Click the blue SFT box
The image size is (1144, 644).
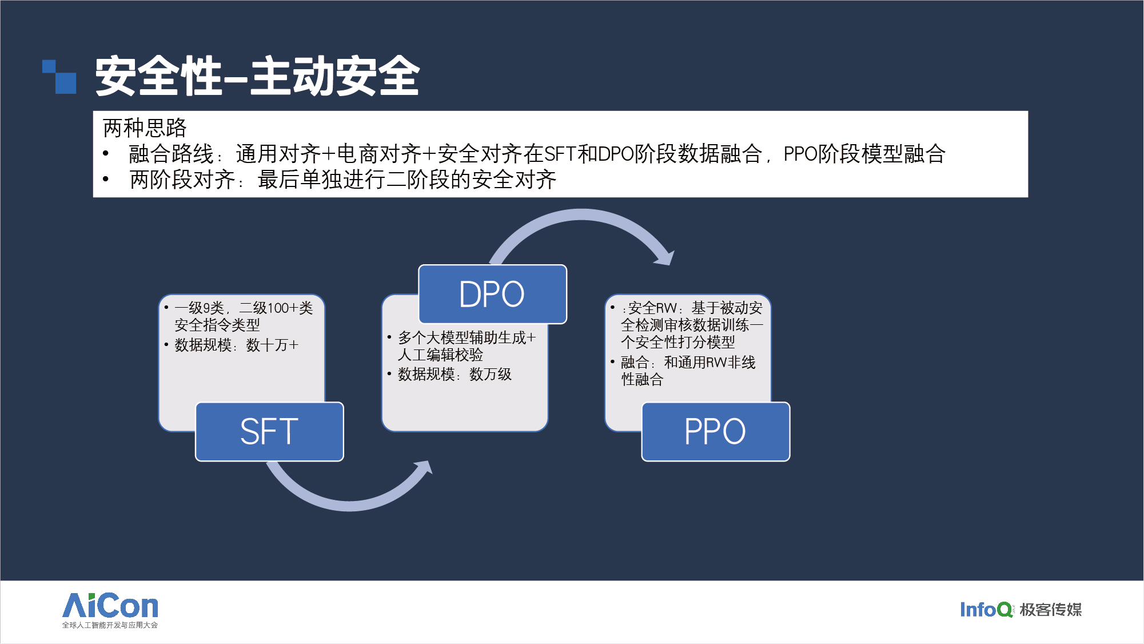[x=269, y=432]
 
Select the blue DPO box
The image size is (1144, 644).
[x=492, y=295]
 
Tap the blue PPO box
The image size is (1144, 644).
[x=715, y=432]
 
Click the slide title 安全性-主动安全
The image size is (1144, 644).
[x=257, y=76]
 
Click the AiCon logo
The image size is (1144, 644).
[x=110, y=606]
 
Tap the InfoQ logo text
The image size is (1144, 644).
[x=985, y=610]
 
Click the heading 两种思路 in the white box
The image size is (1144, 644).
[x=145, y=128]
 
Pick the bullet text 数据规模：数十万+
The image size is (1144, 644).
[x=237, y=345]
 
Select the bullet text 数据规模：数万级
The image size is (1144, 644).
[x=455, y=375]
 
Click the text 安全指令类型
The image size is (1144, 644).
[x=217, y=325]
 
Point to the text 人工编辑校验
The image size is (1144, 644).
[x=440, y=355]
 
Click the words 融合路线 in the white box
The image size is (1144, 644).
[x=171, y=154]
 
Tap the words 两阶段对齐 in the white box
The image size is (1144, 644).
[x=182, y=180]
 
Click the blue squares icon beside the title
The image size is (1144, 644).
[x=59, y=77]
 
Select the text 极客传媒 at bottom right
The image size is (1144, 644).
[x=1051, y=610]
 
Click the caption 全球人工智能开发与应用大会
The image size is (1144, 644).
[x=110, y=625]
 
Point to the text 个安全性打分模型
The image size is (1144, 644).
[x=678, y=343]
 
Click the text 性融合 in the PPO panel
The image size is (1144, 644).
[x=642, y=380]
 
